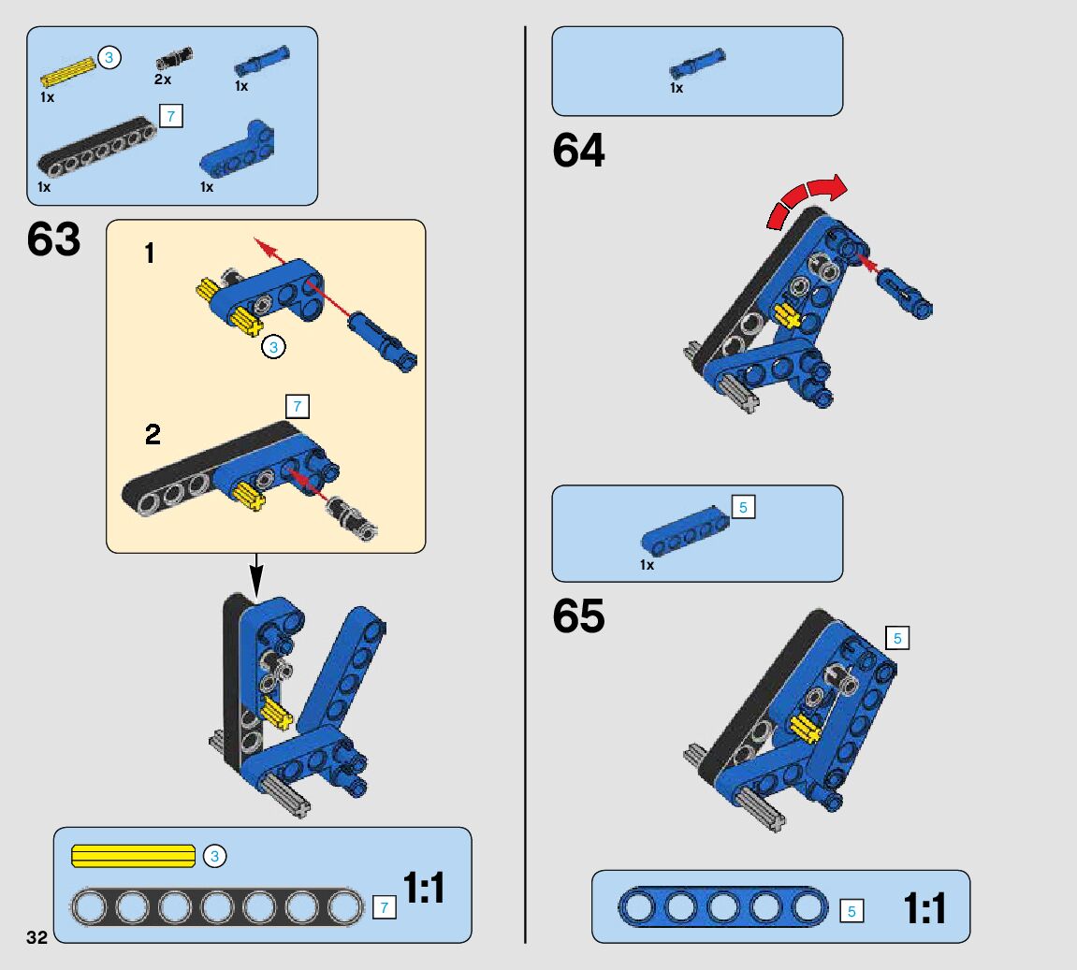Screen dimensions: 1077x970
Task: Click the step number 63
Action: coord(53,239)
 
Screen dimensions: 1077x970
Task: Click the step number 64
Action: coord(578,151)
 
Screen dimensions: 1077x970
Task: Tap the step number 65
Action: coord(578,616)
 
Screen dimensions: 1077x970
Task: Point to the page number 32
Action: coord(36,938)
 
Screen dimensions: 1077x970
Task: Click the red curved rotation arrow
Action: coord(807,197)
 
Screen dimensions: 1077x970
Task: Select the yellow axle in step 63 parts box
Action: coord(69,71)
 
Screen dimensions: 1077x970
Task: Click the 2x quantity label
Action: coord(163,80)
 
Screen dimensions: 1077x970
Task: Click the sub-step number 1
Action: coord(150,253)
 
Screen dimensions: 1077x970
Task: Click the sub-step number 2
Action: coord(153,434)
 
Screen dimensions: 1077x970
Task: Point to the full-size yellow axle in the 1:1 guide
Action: coord(133,856)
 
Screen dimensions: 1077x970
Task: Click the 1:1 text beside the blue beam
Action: coord(924,908)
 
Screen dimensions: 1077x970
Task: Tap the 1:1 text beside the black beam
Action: coord(424,888)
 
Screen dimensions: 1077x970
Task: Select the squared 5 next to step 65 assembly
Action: coord(896,639)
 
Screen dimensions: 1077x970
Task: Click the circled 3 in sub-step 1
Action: coord(273,347)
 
